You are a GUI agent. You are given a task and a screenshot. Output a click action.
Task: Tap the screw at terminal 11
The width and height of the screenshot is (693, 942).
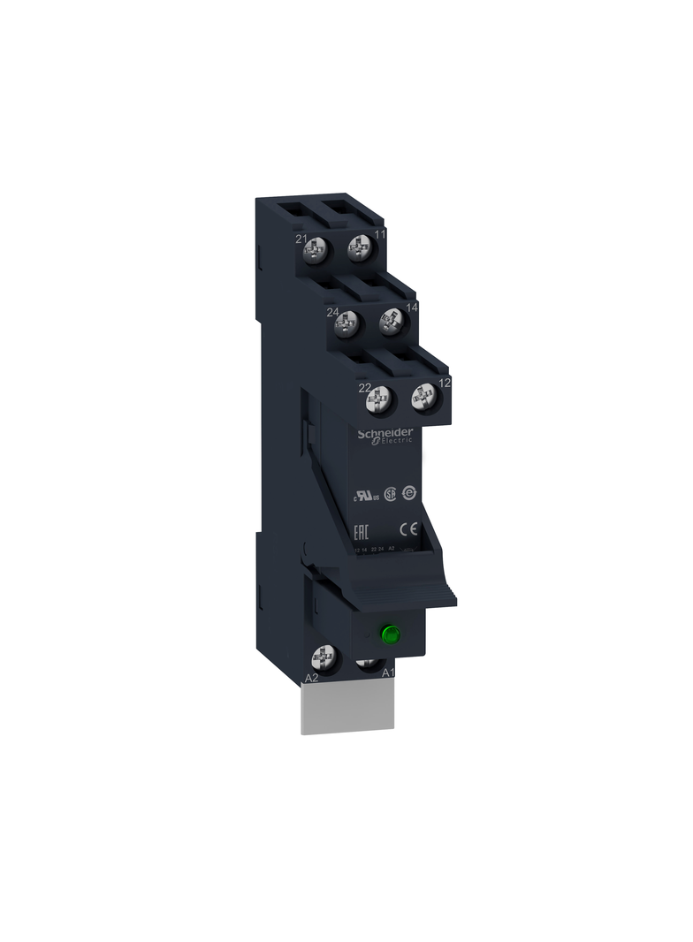[358, 248]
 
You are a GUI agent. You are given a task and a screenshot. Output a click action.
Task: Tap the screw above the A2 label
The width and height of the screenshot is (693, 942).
[324, 657]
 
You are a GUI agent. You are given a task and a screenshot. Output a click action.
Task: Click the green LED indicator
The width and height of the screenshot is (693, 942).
[387, 633]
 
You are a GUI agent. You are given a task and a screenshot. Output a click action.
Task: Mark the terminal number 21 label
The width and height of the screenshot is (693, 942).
[301, 240]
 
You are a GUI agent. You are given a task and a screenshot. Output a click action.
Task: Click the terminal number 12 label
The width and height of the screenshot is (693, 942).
[445, 383]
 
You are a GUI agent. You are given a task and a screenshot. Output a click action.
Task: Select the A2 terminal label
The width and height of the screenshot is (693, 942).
[311, 678]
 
